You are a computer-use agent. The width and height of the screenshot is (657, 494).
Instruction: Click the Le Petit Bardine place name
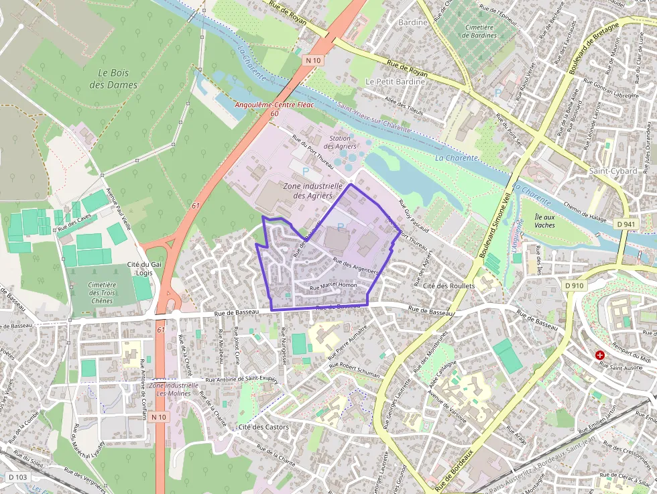click(x=395, y=81)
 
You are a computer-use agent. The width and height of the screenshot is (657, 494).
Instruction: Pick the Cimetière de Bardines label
click(x=479, y=31)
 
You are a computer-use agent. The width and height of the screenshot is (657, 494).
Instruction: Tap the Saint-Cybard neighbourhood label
click(x=613, y=171)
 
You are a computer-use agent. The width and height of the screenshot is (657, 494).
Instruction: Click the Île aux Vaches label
click(x=544, y=221)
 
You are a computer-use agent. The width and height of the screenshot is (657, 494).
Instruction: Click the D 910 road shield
click(x=575, y=286)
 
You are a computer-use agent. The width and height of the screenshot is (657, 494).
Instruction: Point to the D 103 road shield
click(x=18, y=477)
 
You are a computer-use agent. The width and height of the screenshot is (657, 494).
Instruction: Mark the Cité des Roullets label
click(x=449, y=286)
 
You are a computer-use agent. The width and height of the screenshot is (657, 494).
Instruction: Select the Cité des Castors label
click(x=263, y=427)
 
